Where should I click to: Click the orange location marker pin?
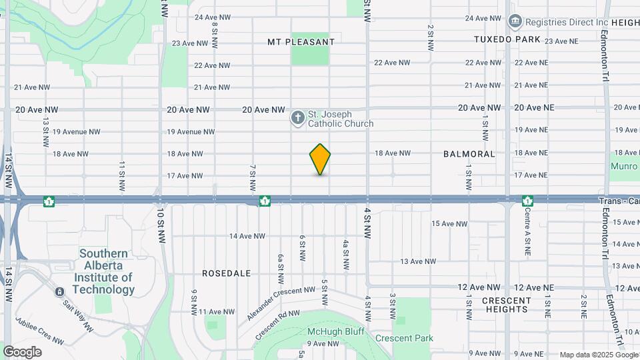pos(320,159)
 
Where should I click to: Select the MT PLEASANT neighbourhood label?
pos(301,42)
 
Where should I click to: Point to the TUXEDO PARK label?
pos(507,39)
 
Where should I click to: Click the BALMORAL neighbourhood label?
pos(469,154)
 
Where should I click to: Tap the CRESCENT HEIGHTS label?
pos(507,305)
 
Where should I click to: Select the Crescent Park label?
pos(404,338)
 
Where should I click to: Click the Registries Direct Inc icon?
pos(515,22)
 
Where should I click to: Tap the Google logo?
pos(22,351)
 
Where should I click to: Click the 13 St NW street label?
pos(46,132)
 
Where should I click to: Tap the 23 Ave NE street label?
pos(561,41)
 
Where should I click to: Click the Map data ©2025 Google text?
pos(599,355)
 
